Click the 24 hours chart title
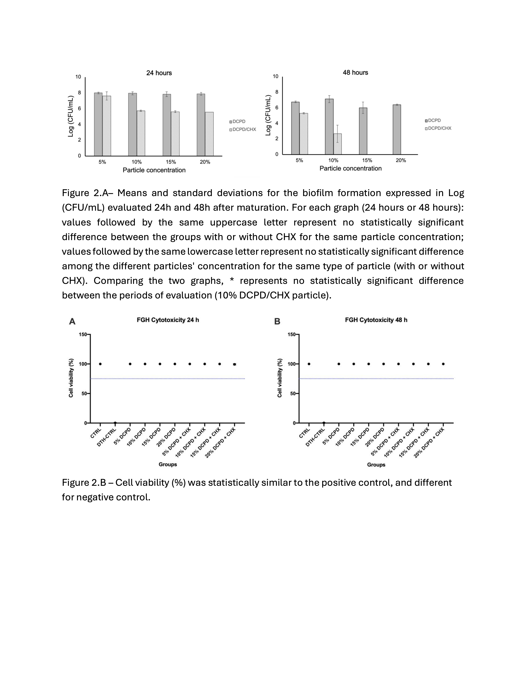(x=159, y=73)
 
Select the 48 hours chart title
(x=355, y=73)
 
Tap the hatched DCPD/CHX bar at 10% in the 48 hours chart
(x=338, y=144)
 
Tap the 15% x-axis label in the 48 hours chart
(x=367, y=160)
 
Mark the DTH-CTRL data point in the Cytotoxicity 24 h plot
(x=115, y=423)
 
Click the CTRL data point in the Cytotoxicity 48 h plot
(x=309, y=364)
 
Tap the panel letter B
(x=277, y=322)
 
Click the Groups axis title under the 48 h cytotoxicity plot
(x=376, y=465)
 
